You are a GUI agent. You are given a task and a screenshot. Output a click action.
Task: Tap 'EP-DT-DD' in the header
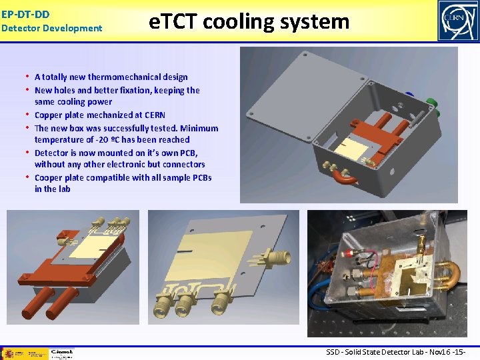[x=25, y=13]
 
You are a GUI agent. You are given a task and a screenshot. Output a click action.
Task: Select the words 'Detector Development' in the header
[x=52, y=28]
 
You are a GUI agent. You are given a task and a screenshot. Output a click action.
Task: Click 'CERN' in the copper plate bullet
[x=154, y=115]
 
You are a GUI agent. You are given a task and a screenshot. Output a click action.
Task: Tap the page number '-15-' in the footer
[x=458, y=352]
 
